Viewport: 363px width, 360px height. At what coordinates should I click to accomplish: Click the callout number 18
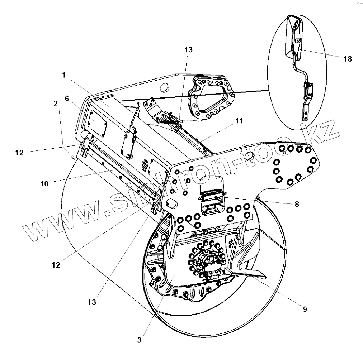[x=347, y=59]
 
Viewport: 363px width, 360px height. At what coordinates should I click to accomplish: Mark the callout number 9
[x=305, y=309]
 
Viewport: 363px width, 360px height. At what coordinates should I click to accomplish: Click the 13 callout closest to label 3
[x=92, y=302]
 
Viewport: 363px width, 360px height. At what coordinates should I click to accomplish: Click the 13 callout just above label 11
[x=188, y=50]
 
